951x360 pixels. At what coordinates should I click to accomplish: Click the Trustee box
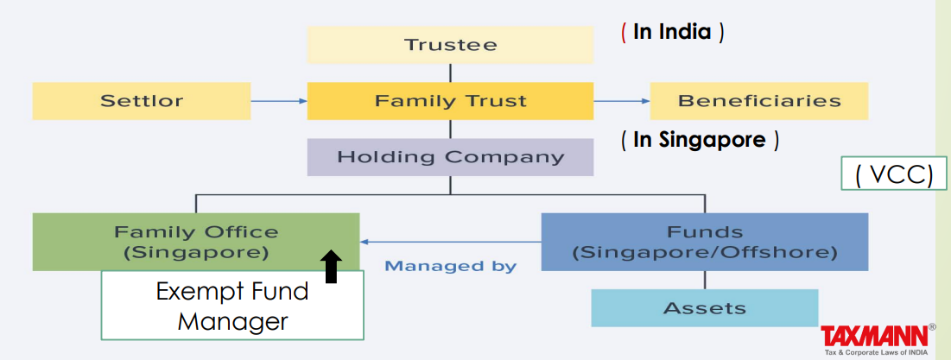coord(450,44)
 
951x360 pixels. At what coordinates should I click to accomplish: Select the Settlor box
coord(142,100)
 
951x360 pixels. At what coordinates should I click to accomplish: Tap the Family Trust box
coord(450,100)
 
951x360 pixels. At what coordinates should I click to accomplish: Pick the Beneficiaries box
coord(758,100)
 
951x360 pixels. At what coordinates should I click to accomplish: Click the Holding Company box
coord(450,157)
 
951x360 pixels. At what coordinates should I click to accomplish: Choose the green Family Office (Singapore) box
coord(196,242)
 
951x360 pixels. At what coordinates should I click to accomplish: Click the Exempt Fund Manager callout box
coord(231,306)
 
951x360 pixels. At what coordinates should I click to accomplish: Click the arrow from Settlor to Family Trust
coord(278,101)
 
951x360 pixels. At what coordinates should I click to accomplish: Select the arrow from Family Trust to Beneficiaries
coord(621,101)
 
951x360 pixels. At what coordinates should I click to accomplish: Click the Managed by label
coord(450,266)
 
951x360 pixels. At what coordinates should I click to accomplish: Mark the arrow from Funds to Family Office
coord(450,242)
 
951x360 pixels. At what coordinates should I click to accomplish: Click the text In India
coord(672,33)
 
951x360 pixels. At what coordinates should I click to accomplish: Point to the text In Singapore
coord(700,139)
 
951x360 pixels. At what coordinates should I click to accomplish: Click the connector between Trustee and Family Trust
coord(450,72)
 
